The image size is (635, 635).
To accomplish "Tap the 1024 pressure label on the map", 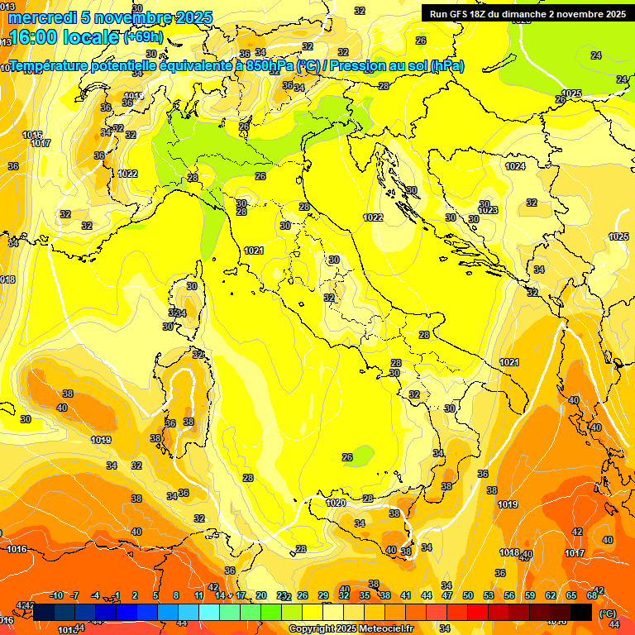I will click(515, 166).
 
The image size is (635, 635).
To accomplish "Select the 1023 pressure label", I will click(487, 210).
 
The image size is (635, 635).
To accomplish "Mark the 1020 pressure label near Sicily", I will click(336, 503).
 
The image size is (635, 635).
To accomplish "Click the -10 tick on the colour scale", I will click(56, 595).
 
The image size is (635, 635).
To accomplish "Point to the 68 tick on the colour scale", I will click(592, 595).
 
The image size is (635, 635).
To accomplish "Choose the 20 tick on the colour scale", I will click(261, 595).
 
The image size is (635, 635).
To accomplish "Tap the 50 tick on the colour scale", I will click(468, 595).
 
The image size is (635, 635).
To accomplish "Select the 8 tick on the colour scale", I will click(176, 595).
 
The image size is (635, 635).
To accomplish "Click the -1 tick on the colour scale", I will click(117, 595).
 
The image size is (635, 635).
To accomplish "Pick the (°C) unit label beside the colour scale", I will click(608, 613).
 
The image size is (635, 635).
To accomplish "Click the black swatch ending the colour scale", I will click(581, 612).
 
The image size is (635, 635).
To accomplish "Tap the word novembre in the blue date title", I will click(131, 17).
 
